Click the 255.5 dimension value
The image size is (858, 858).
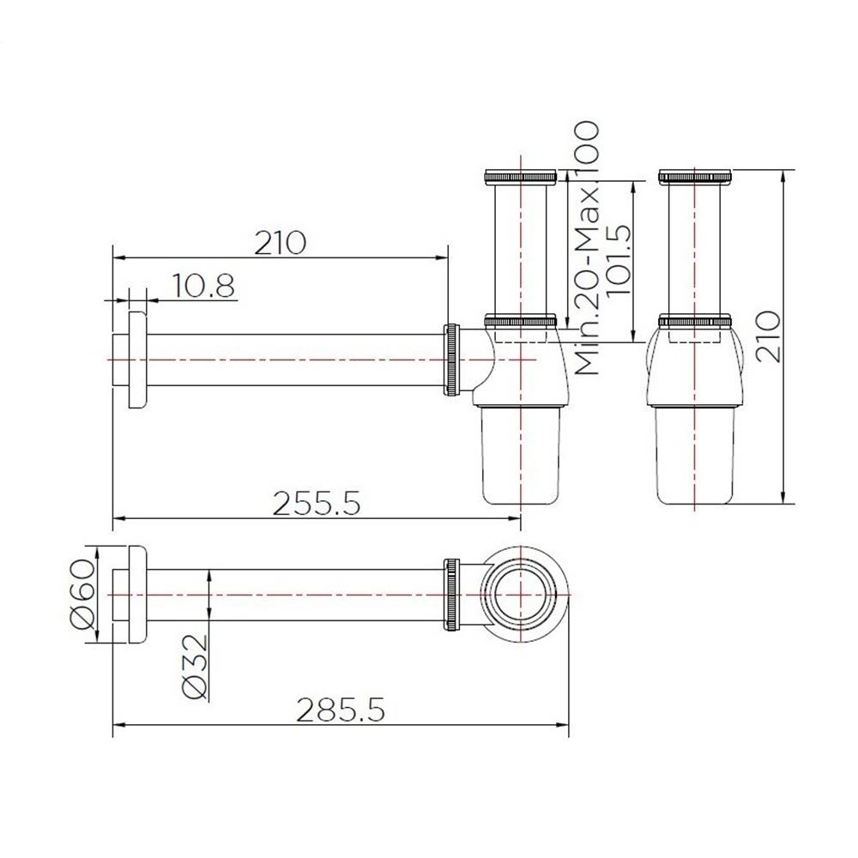point(315,503)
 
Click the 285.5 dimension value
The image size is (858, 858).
point(340,710)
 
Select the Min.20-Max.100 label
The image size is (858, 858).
point(587,249)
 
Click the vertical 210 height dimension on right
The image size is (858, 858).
point(769,336)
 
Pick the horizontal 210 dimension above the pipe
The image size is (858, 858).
point(280,243)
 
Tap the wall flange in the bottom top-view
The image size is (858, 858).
point(136,593)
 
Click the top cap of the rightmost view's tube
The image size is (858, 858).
point(695,177)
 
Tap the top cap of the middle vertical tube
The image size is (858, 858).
point(520,177)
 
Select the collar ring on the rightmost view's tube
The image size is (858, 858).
point(695,322)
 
